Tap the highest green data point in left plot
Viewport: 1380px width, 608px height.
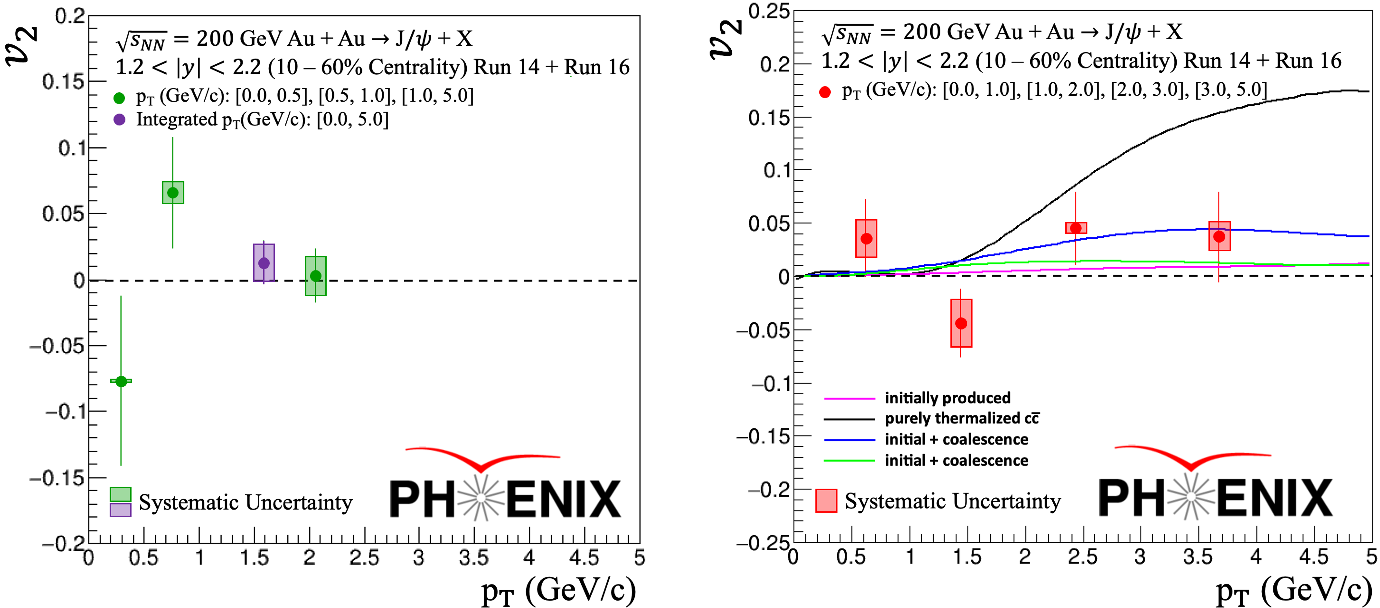[x=172, y=193]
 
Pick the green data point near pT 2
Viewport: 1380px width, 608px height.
[x=316, y=276]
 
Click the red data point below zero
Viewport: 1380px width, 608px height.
[x=961, y=323]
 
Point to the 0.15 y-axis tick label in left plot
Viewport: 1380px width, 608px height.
[x=63, y=82]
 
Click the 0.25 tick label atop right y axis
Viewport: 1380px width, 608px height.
[x=769, y=12]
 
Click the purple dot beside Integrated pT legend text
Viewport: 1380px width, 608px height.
[x=119, y=119]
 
